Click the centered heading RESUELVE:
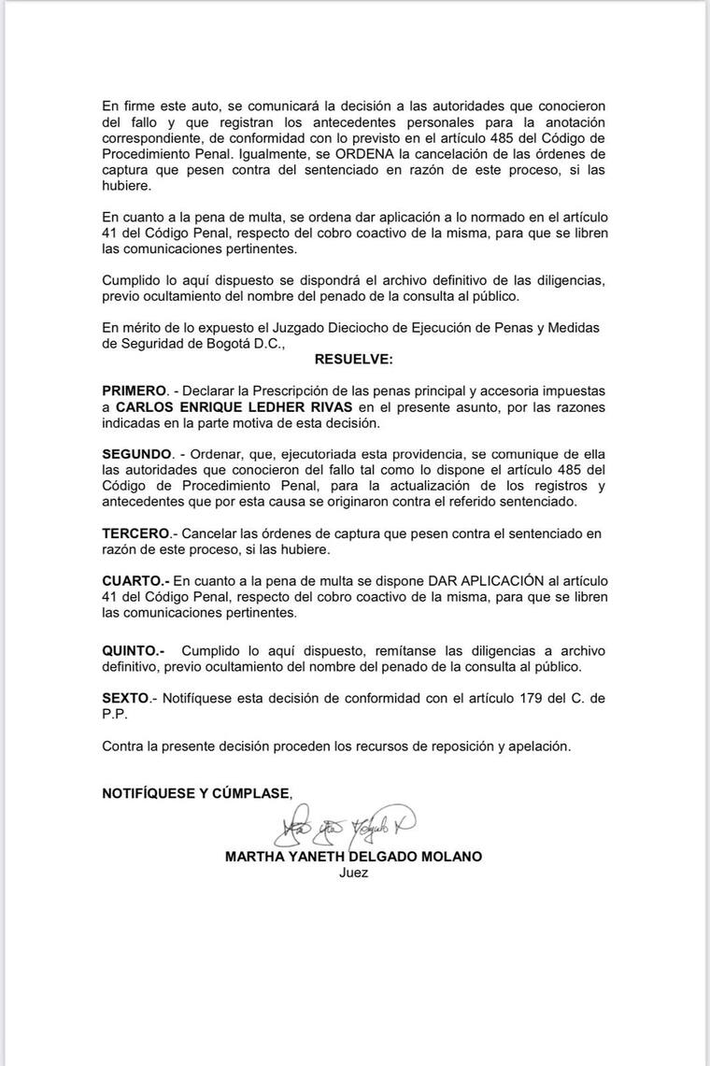(354, 359)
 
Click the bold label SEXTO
(126, 697)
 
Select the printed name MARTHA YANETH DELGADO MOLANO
(354, 856)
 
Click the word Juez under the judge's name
(354, 873)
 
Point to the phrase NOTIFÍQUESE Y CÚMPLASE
(196, 793)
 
